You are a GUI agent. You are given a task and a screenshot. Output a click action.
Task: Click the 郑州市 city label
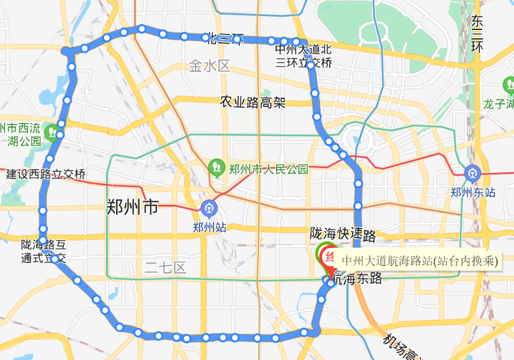tap(132, 207)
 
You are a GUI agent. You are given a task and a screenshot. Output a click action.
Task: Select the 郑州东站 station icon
tap(473, 172)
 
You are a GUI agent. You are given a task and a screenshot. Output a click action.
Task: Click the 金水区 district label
tap(209, 66)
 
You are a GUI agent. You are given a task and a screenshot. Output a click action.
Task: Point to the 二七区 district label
tap(165, 267)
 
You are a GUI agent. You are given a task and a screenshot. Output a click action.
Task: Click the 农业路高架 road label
tap(253, 102)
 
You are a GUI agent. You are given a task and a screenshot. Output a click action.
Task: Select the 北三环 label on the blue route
tap(224, 38)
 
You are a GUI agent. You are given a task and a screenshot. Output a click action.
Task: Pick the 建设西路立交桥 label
tap(46, 174)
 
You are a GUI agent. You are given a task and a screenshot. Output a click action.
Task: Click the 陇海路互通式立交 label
tap(43, 251)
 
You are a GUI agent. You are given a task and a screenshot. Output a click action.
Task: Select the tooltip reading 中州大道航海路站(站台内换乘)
tap(419, 260)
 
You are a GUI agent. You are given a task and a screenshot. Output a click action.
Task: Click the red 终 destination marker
tap(330, 258)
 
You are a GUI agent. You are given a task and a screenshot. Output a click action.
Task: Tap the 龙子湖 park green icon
tap(508, 85)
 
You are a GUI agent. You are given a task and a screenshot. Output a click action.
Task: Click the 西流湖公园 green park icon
tap(59, 134)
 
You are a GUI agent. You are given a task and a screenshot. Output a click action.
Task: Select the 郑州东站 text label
tap(473, 191)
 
